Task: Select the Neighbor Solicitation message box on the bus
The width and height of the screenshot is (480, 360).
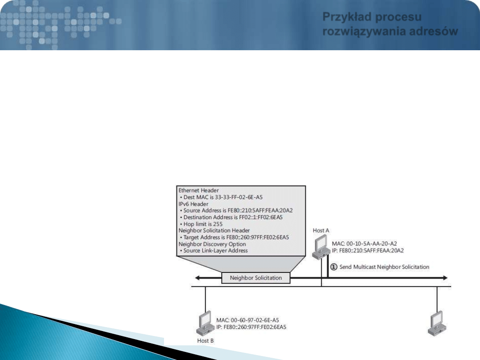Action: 256,278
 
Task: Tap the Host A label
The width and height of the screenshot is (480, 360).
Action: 321,231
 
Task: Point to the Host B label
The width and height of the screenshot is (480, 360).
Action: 205,341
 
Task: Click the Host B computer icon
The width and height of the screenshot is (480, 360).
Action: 205,324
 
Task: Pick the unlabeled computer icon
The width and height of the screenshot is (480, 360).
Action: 437,324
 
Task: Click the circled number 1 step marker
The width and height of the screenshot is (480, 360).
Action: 334,267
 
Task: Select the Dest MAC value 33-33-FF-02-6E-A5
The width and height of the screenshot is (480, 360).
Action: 239,197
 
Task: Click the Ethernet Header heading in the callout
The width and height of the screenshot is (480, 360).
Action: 198,190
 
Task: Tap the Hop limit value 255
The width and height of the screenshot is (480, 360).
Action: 218,224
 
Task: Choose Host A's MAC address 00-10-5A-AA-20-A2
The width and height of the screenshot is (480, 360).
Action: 371,244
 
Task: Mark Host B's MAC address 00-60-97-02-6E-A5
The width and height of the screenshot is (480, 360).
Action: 255,320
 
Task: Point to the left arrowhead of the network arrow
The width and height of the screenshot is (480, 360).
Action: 197,278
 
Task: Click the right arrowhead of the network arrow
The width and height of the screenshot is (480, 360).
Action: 445,278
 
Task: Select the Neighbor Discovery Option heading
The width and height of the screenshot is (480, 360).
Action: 212,244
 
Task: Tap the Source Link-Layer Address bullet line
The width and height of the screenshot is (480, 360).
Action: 214,251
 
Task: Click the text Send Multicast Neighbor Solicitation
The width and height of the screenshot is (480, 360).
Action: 384,267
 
